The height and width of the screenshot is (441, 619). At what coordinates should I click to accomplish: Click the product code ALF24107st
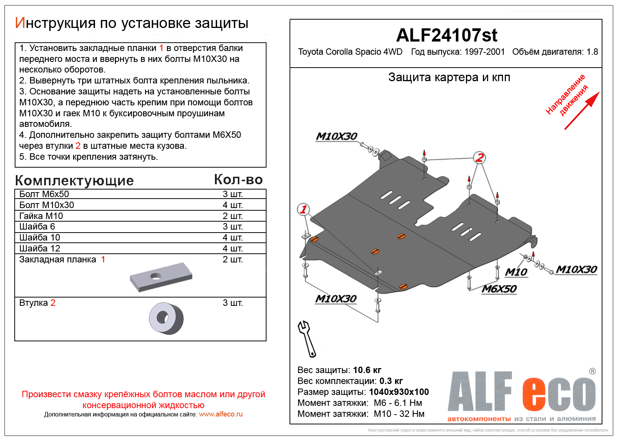(446, 35)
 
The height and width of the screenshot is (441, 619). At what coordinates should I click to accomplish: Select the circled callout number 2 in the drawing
(479, 157)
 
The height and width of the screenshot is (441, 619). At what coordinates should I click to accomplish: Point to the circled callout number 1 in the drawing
(303, 209)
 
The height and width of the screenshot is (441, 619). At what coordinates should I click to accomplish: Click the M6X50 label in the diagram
(499, 289)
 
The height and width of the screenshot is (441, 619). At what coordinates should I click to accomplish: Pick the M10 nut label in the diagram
(516, 272)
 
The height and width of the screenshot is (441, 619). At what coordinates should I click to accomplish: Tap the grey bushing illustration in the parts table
(166, 318)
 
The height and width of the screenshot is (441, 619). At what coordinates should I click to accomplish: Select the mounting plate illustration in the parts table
(161, 277)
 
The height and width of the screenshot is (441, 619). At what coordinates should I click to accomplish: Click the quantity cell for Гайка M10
(233, 216)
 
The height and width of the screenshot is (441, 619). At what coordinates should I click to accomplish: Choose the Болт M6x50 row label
(44, 194)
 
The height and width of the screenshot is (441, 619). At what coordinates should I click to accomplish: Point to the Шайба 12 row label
(40, 248)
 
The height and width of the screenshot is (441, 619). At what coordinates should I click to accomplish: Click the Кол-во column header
(238, 180)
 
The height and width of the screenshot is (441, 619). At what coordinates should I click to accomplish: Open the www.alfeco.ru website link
(221, 414)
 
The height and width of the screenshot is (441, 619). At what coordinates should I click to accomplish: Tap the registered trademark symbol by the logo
(592, 371)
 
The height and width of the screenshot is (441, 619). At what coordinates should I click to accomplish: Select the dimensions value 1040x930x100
(399, 392)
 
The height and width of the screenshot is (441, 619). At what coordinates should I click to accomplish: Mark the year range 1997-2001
(484, 52)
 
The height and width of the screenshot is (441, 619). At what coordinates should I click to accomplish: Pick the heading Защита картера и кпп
(449, 77)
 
